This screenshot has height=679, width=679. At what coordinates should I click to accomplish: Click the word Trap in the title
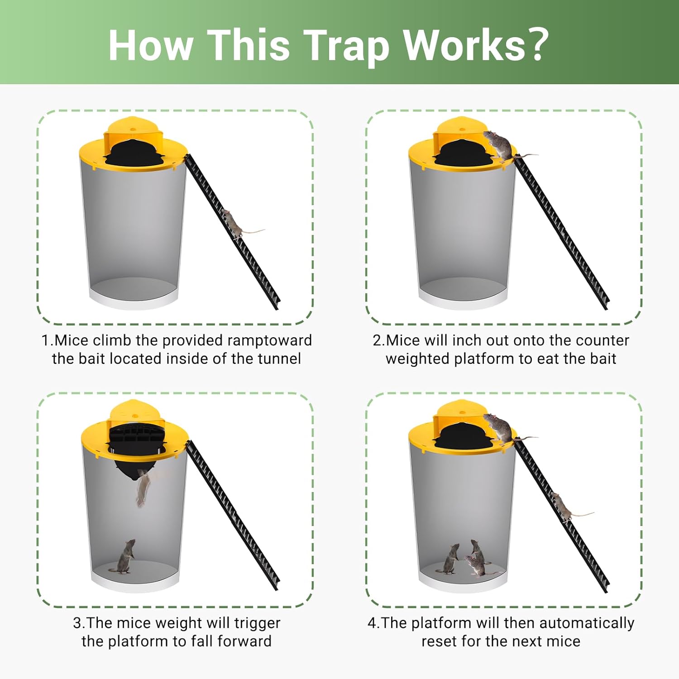(346, 46)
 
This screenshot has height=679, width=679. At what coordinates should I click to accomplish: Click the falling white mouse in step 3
(143, 488)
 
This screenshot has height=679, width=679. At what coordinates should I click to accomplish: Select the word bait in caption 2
(603, 359)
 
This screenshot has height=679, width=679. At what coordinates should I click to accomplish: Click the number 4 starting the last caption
(372, 623)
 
